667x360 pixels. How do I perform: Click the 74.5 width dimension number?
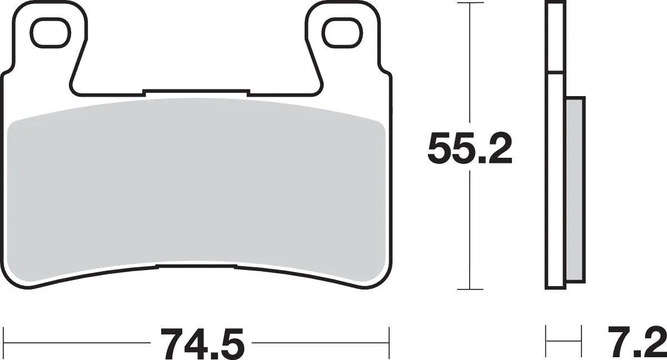202,344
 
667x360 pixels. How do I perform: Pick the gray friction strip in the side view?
574,189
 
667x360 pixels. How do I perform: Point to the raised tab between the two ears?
195,92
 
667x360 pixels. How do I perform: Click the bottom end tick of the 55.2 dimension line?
471,289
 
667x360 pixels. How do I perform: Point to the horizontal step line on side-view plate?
553,72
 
